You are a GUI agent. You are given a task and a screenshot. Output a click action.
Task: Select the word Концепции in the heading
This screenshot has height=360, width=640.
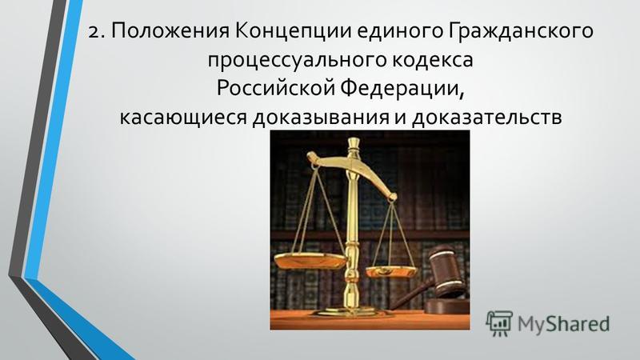293,32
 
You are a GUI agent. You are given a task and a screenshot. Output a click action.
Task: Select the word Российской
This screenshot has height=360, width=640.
275,89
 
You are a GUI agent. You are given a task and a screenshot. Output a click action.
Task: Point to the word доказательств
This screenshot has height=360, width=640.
487,118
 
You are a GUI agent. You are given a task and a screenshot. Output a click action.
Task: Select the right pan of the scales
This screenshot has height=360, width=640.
391,272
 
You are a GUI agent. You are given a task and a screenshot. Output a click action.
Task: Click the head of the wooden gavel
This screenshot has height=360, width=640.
446,269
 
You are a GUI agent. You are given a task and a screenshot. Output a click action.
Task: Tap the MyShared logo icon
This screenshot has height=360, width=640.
498,322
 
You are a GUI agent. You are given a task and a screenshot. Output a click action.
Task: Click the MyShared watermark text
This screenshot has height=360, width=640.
563,323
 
